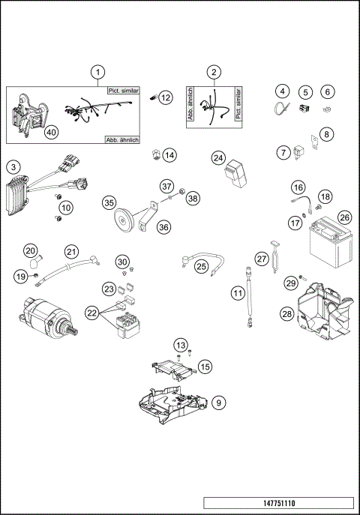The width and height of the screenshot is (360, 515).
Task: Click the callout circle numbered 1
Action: pos(97,73)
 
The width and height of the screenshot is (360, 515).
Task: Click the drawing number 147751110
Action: pos(277,503)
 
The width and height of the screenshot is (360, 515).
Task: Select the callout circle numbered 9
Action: pos(217,403)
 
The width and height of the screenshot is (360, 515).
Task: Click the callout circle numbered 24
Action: pos(218,158)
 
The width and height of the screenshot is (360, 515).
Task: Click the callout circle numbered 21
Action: pos(71,251)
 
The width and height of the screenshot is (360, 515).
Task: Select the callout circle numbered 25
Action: pos(201,265)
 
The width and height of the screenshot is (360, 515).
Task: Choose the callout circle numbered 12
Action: pos(166,97)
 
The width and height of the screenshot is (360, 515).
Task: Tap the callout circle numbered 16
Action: pos(298,187)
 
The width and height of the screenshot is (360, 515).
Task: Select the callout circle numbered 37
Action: pos(166,186)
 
